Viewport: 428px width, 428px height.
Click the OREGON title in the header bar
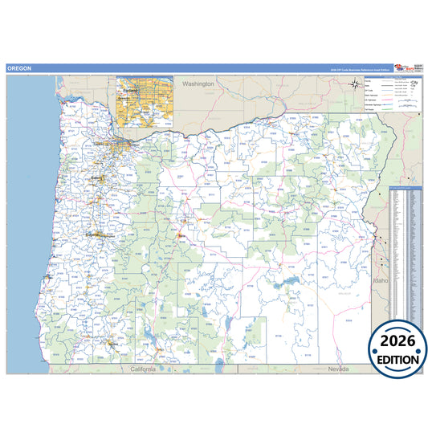click(x=19, y=69)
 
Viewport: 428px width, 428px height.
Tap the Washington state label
click(x=198, y=84)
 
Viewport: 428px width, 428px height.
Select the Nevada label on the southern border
click(x=339, y=369)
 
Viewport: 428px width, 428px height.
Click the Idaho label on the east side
click(x=381, y=281)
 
